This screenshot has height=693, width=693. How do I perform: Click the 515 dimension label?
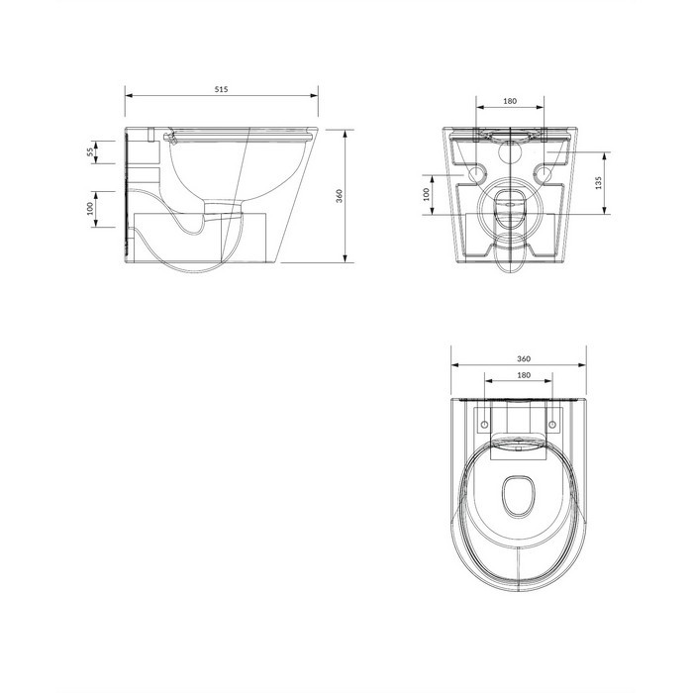click(222, 89)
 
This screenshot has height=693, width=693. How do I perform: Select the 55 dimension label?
click(90, 152)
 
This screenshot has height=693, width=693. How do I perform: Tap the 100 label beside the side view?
click(90, 208)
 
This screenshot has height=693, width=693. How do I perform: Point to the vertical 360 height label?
click(339, 196)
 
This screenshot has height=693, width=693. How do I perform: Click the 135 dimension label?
click(598, 183)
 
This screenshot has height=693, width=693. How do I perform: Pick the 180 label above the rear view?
click(510, 101)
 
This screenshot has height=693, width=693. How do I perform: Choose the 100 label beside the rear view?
click(426, 194)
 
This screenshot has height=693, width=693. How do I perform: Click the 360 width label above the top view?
click(524, 358)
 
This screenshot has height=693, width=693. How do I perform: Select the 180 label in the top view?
click(524, 375)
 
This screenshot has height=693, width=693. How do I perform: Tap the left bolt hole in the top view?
click(485, 425)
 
